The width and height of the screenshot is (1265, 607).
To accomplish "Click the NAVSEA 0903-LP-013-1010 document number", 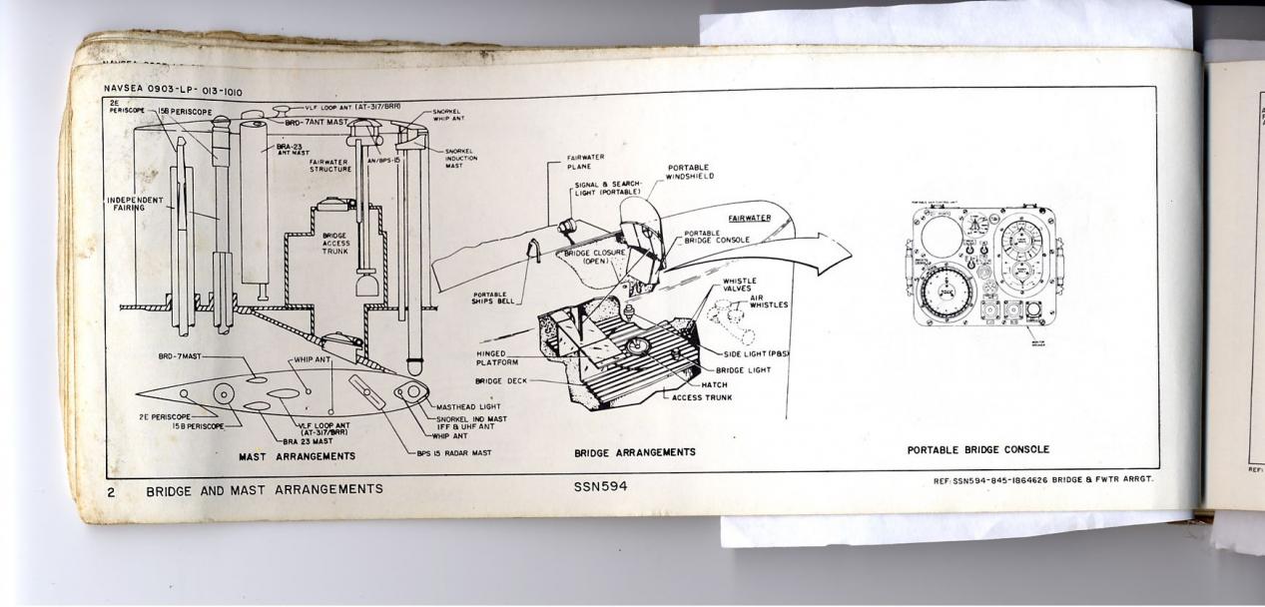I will coord(172,91).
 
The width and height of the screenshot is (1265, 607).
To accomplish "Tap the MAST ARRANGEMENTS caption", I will coord(297,455).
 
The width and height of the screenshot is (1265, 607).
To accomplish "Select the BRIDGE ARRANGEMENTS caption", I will coord(635,452).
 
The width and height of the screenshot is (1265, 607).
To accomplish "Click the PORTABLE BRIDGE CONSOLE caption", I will coord(977,450).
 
